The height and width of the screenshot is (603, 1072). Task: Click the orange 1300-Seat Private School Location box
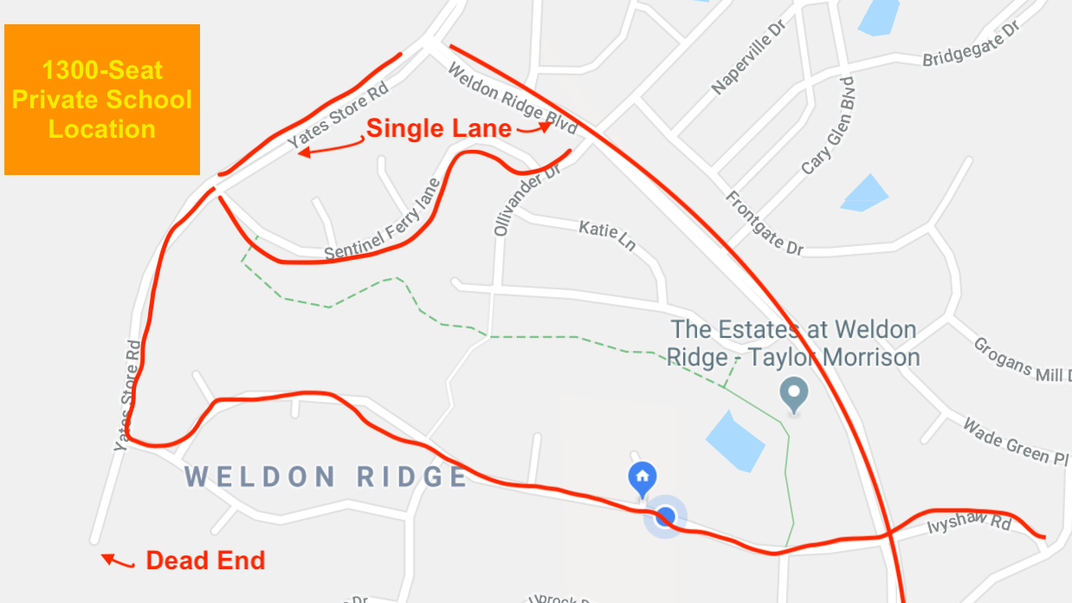(102, 100)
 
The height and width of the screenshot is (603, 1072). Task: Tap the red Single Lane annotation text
(438, 129)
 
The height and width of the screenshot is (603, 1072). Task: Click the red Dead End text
(205, 561)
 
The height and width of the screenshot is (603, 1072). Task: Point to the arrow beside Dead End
(118, 561)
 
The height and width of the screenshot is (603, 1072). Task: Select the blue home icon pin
(642, 478)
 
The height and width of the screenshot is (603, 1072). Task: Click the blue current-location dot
(665, 517)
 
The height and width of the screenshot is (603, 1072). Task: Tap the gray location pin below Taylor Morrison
(794, 394)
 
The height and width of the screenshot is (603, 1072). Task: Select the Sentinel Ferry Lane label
(382, 222)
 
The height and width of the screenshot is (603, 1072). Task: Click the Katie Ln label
(607, 235)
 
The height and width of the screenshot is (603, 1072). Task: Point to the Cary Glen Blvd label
(828, 126)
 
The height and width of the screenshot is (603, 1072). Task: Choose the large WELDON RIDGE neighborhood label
(326, 477)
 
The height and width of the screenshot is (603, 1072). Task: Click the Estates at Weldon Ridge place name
(793, 343)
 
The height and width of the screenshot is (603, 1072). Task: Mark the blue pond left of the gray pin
(735, 440)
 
